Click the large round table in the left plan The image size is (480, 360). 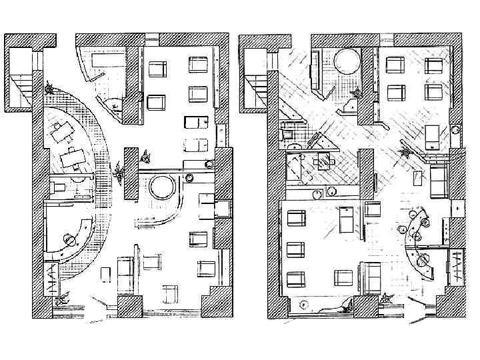pyautogui.click(x=162, y=187)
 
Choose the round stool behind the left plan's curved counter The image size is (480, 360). pyautogui.click(x=68, y=239)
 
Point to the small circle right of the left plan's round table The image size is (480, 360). pyautogui.click(x=189, y=177)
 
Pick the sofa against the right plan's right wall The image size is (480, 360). pyautogui.click(x=438, y=181)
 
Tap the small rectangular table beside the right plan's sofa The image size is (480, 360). pyautogui.click(x=418, y=178)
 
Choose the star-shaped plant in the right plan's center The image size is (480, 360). pyautogui.click(x=404, y=153)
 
